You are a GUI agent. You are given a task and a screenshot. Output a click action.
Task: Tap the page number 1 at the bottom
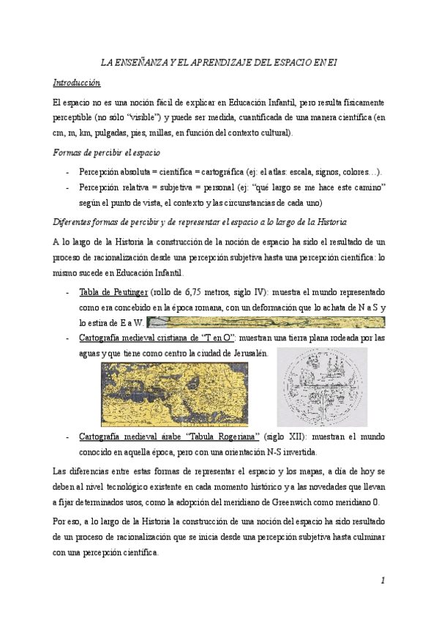click(382, 581)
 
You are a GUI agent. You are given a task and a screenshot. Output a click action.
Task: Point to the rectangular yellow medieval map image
click(174, 394)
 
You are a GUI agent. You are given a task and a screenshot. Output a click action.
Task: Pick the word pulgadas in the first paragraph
click(119, 133)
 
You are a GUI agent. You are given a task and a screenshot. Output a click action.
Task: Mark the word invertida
click(296, 452)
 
